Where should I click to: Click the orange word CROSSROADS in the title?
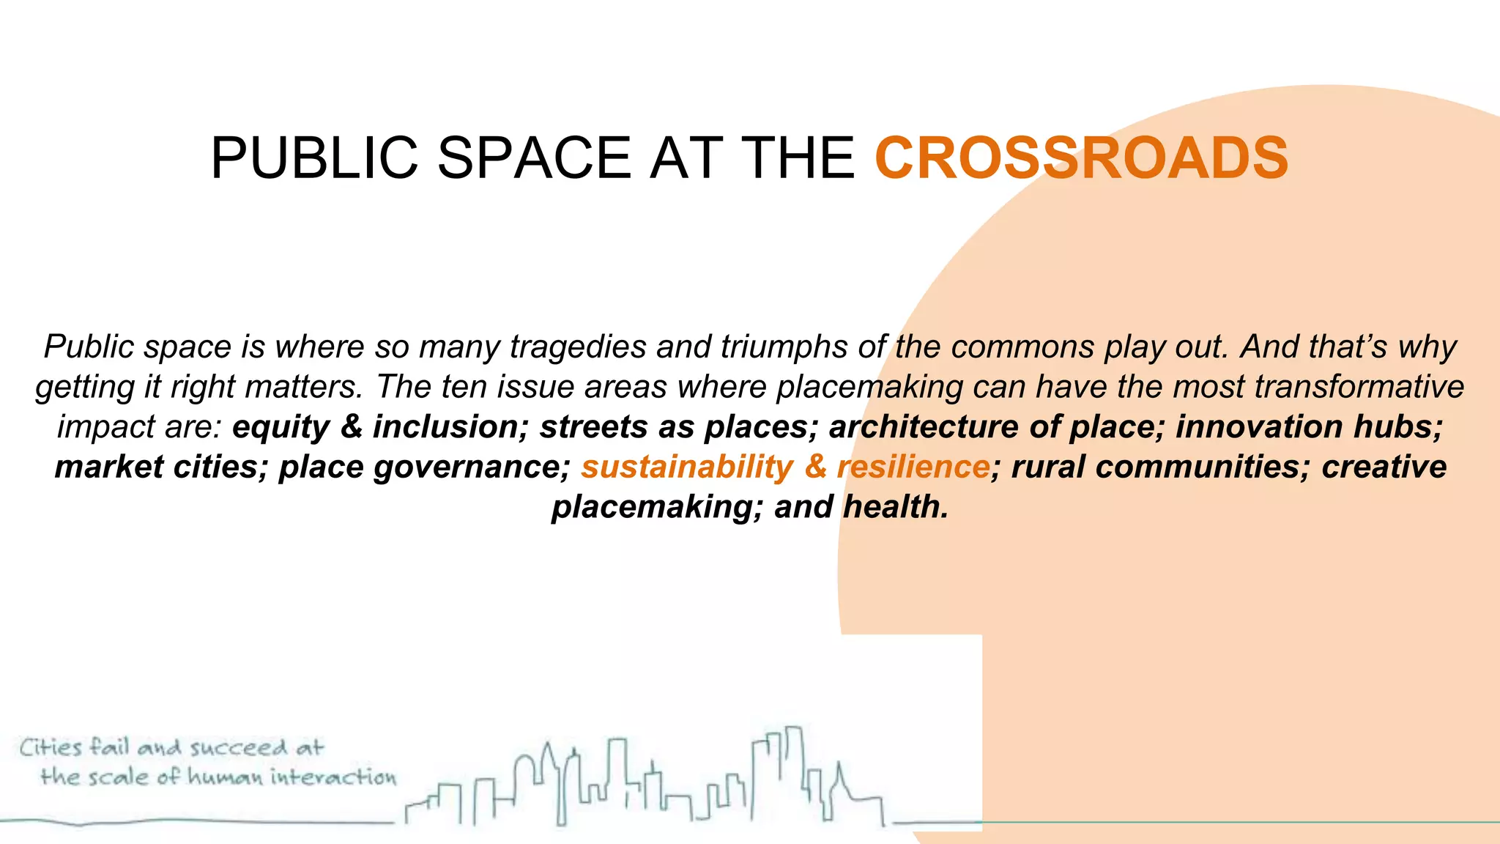click(x=1081, y=158)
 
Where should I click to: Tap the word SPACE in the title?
click(x=534, y=158)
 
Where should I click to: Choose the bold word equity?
click(x=281, y=427)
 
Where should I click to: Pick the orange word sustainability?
click(x=687, y=467)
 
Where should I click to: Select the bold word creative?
click(x=1384, y=467)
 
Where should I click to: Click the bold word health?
click(x=895, y=507)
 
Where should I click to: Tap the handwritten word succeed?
click(x=239, y=748)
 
